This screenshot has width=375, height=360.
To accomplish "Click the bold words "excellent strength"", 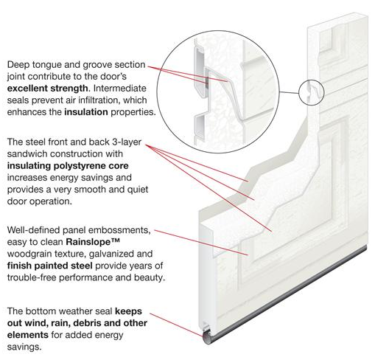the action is tap(47, 88).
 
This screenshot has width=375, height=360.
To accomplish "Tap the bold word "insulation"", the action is tap(86, 112).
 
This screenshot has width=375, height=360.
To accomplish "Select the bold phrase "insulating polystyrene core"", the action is tap(68, 166).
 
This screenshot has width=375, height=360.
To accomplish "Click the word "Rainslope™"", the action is tap(93, 242).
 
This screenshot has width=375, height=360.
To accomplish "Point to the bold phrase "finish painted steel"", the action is tap(50, 266).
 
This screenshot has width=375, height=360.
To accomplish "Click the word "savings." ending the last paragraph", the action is tap(24, 347).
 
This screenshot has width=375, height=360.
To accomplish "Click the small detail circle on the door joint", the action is tap(312, 92).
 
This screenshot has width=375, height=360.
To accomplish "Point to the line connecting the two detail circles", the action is tap(289, 92).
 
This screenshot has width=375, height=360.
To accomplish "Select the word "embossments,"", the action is tap(119, 230).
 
